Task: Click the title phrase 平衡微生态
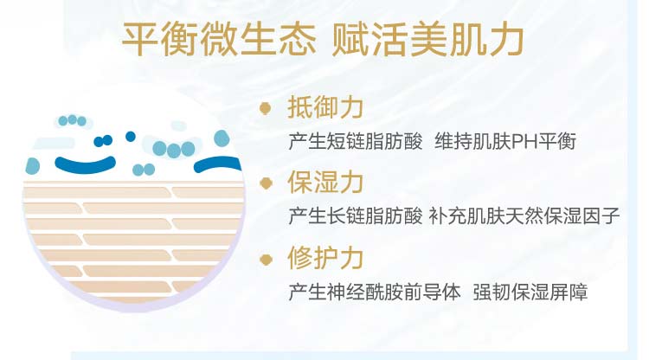coord(219,39)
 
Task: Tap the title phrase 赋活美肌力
coord(428,39)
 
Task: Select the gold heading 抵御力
coord(325,108)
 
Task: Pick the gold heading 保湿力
coord(325,182)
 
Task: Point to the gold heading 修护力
coord(325,258)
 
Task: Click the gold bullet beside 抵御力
coord(266,108)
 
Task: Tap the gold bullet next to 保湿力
coord(266,183)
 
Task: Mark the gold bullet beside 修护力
coord(266,260)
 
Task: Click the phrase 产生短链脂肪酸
coord(356,142)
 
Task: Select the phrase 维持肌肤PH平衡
coord(505,142)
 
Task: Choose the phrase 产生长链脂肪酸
coord(356,216)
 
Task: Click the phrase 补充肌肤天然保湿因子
coord(524,216)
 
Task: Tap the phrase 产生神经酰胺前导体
coord(375,292)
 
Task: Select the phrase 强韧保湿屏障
coord(530,292)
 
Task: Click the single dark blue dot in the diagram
coord(131,136)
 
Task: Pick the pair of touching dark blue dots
coord(103,141)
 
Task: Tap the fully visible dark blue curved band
coord(86,165)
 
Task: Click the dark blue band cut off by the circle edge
coord(218,164)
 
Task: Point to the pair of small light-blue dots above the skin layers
coord(144,170)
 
